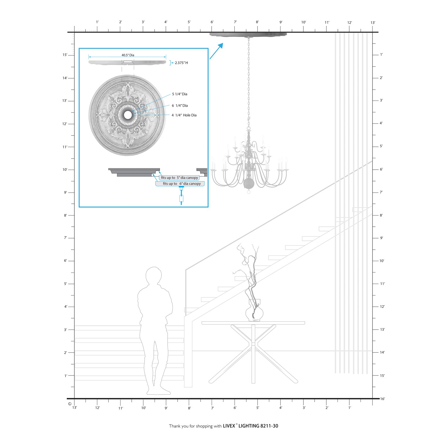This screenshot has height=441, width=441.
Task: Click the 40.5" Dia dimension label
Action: tap(128, 55)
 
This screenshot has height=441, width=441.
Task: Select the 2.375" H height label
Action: tap(181, 63)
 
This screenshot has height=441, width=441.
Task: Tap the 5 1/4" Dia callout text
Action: tap(180, 94)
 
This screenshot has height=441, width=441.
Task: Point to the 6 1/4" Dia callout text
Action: tap(180, 106)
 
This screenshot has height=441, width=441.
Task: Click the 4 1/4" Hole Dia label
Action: tap(184, 115)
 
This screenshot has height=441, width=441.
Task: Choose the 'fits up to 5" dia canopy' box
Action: tap(179, 178)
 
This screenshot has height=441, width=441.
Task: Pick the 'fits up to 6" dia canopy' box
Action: tap(180, 183)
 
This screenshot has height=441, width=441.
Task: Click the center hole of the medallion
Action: tap(128, 115)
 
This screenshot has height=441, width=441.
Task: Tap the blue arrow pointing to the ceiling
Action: tap(216, 51)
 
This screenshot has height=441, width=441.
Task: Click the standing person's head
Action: tap(154, 276)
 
